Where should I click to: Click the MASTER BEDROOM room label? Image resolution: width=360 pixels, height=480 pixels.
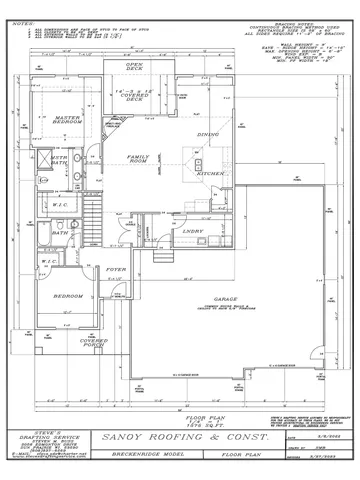tap(68, 120)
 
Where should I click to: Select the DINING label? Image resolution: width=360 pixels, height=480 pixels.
tap(208, 134)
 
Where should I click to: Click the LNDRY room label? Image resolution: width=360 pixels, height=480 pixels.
tap(193, 230)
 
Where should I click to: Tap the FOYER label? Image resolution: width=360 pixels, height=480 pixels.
tap(116, 270)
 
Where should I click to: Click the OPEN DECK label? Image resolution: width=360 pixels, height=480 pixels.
tap(135, 68)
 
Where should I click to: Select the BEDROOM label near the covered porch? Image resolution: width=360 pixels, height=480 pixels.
tap(67, 297)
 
